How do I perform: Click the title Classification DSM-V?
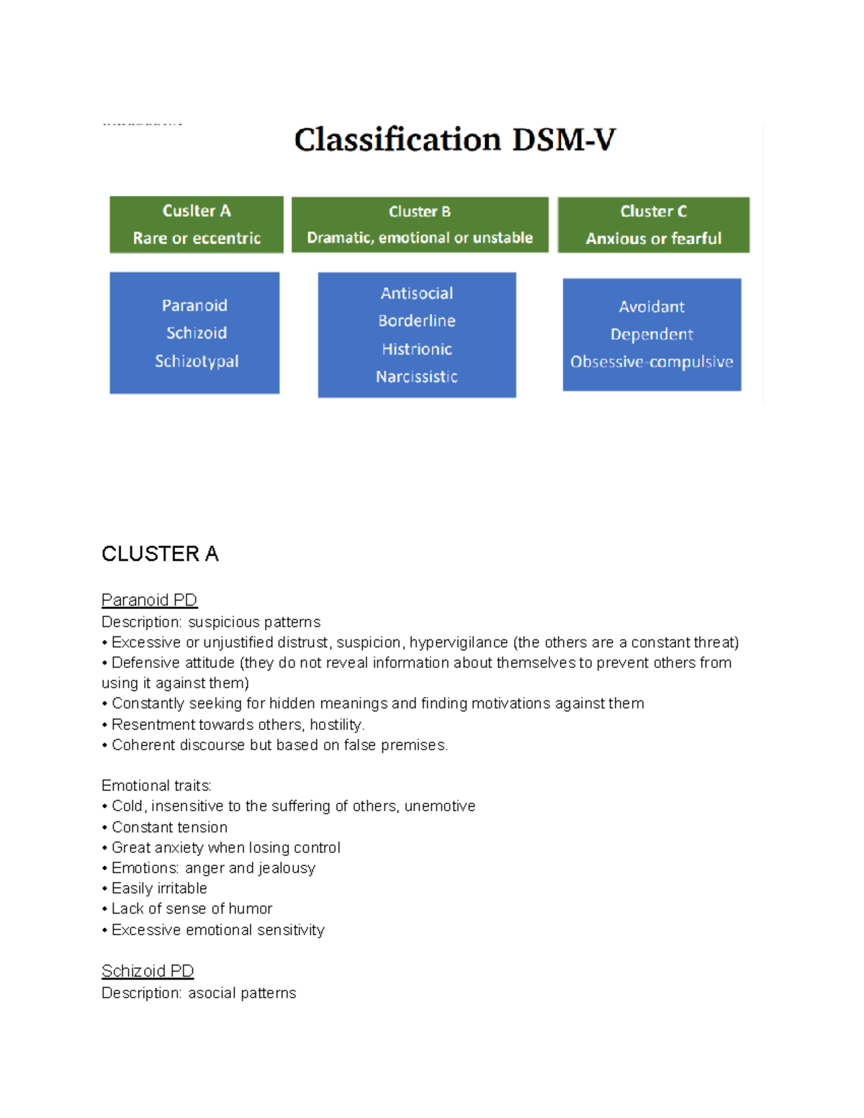coord(455,140)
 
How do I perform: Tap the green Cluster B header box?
coord(420,225)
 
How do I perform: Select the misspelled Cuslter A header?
coord(197,211)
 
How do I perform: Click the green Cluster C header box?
coord(653,225)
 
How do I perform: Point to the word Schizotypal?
coord(197,361)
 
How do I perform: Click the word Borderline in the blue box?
coord(417,321)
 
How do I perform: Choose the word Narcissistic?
coord(417,377)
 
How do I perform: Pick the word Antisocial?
coord(417,294)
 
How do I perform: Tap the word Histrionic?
coord(417,349)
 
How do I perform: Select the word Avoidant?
coord(652,307)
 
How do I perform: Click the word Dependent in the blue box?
coord(652,335)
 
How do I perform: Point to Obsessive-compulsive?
coord(652,362)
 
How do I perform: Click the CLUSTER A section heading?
coord(160,554)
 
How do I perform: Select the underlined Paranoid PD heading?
coord(149,600)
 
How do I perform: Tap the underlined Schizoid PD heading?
coord(148,971)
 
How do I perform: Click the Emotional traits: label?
coord(156,785)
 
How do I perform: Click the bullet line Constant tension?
coord(169,827)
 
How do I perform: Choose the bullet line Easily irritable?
coord(159,888)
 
